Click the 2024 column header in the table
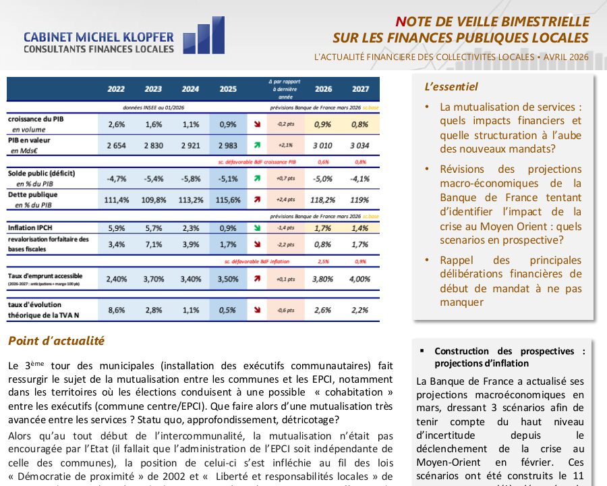pyautogui.click(x=190, y=88)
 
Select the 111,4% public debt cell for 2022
pyautogui.click(x=116, y=200)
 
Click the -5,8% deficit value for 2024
pyautogui.click(x=190, y=179)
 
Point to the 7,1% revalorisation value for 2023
pyautogui.click(x=153, y=244)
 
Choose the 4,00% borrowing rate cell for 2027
pyautogui.click(x=360, y=278)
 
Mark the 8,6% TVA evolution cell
pyautogui.click(x=116, y=310)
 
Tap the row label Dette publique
pyautogui.click(x=32, y=194)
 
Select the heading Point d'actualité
pyautogui.click(x=57, y=342)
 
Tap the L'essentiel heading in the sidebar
pyautogui.click(x=451, y=87)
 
